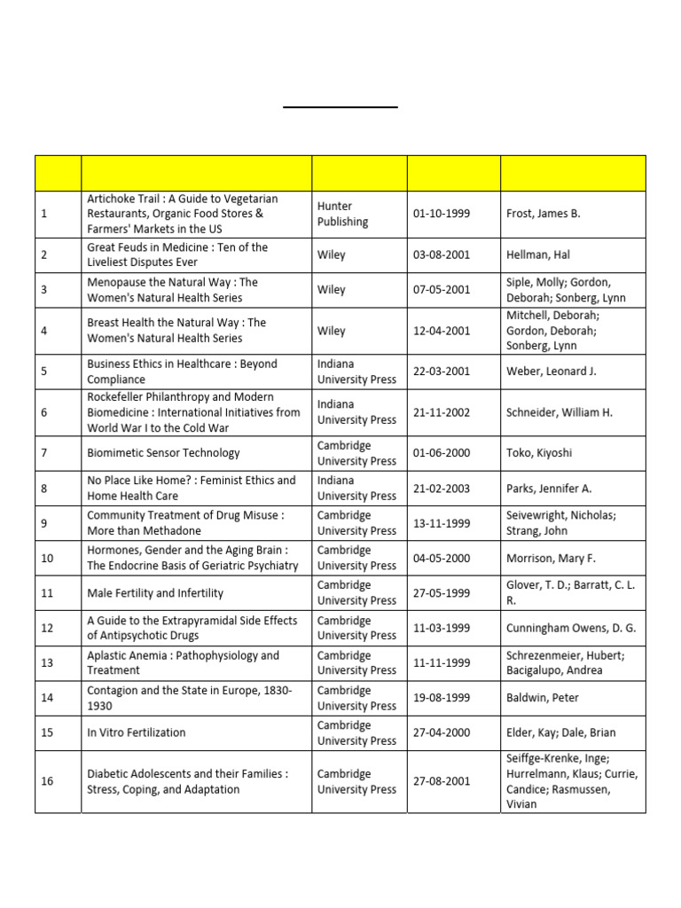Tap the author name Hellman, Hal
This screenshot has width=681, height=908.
coord(538,254)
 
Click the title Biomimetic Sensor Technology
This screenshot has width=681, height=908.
coord(163,453)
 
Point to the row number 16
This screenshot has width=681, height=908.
coord(47,781)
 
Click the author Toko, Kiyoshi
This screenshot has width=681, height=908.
coord(539,453)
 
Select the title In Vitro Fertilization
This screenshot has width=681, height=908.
coord(137,732)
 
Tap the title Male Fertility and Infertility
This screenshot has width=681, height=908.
coord(155,593)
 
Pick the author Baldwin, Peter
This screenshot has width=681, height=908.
coord(543,698)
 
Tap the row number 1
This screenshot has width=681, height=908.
coord(44,214)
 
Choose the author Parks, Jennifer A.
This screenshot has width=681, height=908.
coord(550,488)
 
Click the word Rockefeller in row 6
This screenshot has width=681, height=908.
coord(118,397)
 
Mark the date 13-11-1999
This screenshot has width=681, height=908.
coord(442,523)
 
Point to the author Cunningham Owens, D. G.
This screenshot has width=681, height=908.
coord(572,628)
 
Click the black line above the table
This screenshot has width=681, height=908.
coord(340,107)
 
